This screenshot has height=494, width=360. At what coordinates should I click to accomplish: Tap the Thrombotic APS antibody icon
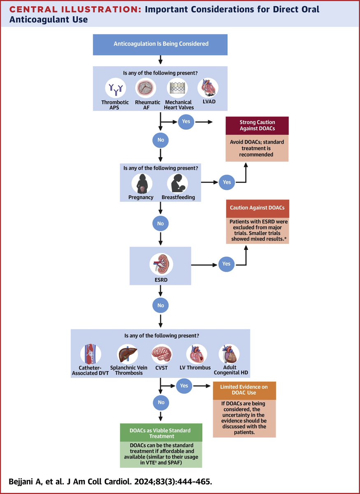pyautogui.click(x=116, y=88)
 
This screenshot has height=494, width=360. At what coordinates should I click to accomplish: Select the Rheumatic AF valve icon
pyautogui.click(x=146, y=88)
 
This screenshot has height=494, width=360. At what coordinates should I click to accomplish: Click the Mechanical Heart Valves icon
pyautogui.click(x=177, y=88)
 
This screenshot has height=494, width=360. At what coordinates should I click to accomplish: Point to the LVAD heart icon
pyautogui.click(x=208, y=88)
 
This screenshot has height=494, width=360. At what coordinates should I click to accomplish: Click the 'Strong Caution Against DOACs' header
pyautogui.click(x=257, y=126)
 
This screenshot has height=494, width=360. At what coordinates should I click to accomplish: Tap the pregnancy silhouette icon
pyautogui.click(x=142, y=184)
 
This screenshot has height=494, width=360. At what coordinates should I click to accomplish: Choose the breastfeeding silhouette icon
pyautogui.click(x=177, y=184)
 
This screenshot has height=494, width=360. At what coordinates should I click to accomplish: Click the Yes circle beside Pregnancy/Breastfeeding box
pyautogui.click(x=227, y=182)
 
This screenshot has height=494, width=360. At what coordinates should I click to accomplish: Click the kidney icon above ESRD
pyautogui.click(x=161, y=264)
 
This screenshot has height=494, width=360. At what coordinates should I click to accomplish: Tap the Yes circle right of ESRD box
pyautogui.click(x=226, y=264)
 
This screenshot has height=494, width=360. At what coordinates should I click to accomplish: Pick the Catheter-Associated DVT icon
pyautogui.click(x=91, y=354)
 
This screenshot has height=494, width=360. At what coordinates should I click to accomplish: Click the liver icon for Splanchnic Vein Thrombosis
pyautogui.click(x=127, y=354)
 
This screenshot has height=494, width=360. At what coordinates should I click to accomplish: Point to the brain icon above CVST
pyautogui.click(x=162, y=354)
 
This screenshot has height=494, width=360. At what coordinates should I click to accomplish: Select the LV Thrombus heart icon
pyautogui.click(x=197, y=354)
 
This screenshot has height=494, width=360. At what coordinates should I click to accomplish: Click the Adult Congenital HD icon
pyautogui.click(x=229, y=354)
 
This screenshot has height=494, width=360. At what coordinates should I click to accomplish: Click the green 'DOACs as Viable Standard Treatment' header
pyautogui.click(x=161, y=433)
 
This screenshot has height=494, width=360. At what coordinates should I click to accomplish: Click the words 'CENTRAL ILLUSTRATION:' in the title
pyautogui.click(x=75, y=9)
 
